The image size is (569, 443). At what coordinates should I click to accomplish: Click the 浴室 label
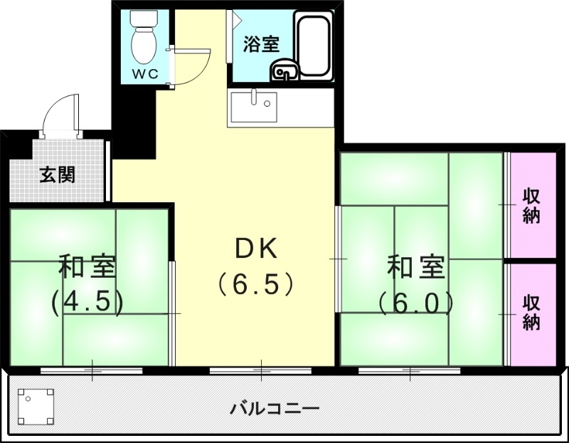click(x=260, y=44)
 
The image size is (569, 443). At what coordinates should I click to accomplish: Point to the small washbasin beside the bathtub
click(x=284, y=71)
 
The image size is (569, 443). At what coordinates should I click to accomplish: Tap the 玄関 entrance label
click(x=57, y=174)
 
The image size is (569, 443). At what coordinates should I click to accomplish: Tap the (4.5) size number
click(x=87, y=303)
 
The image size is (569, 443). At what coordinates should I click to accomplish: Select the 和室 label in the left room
click(x=87, y=268)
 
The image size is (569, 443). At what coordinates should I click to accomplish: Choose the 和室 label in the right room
click(x=416, y=268)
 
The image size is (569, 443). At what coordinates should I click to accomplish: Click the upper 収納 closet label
click(x=531, y=205)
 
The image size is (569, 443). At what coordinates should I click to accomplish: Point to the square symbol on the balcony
click(x=35, y=406)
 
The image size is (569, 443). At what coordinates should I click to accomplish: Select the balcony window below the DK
click(x=260, y=370)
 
